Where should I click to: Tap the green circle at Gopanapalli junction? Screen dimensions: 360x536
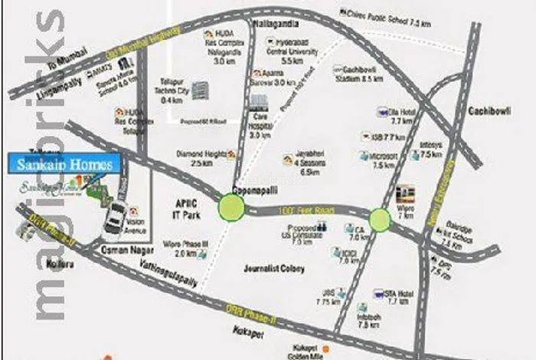click(231, 206)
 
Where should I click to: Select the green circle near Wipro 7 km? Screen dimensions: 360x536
click(380, 221)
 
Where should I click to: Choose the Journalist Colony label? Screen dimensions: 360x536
click(273, 269)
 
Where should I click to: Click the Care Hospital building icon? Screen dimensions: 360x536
click(259, 103)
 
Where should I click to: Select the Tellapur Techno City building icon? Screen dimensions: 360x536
click(201, 90)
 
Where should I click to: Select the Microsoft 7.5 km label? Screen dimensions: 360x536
click(384, 161)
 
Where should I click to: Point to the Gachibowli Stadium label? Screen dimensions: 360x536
click(358, 74)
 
